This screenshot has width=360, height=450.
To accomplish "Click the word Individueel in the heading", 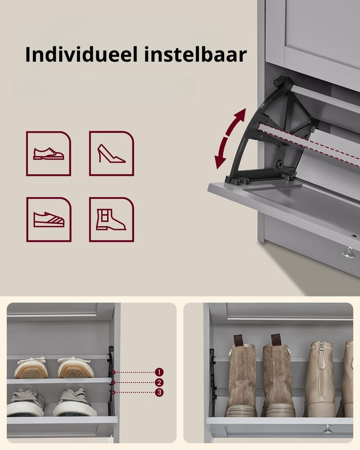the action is tap(81, 54).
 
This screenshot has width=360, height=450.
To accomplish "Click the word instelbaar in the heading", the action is tap(195, 54).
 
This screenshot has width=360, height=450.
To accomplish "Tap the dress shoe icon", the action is tap(49, 153).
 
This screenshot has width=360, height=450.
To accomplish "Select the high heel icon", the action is tap(112, 153).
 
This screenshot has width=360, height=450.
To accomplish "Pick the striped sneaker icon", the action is tap(49, 220).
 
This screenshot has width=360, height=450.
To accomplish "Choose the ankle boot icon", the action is tap(112, 220).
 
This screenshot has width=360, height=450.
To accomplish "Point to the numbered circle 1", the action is tap(159, 372).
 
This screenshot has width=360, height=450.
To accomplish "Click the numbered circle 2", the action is tap(159, 382).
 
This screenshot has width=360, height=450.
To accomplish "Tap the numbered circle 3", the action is tap(159, 392).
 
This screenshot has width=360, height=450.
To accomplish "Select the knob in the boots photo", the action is tap(328, 429).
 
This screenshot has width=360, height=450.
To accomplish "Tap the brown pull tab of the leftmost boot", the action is tap(238, 341).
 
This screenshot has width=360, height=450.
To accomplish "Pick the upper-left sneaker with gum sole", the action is tap(30, 368).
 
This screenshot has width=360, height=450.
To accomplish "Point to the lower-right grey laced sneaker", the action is tap(75, 402).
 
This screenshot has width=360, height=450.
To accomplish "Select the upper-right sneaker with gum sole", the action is tap(76, 368).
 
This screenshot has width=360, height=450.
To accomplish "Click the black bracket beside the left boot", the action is tap(212, 382).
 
